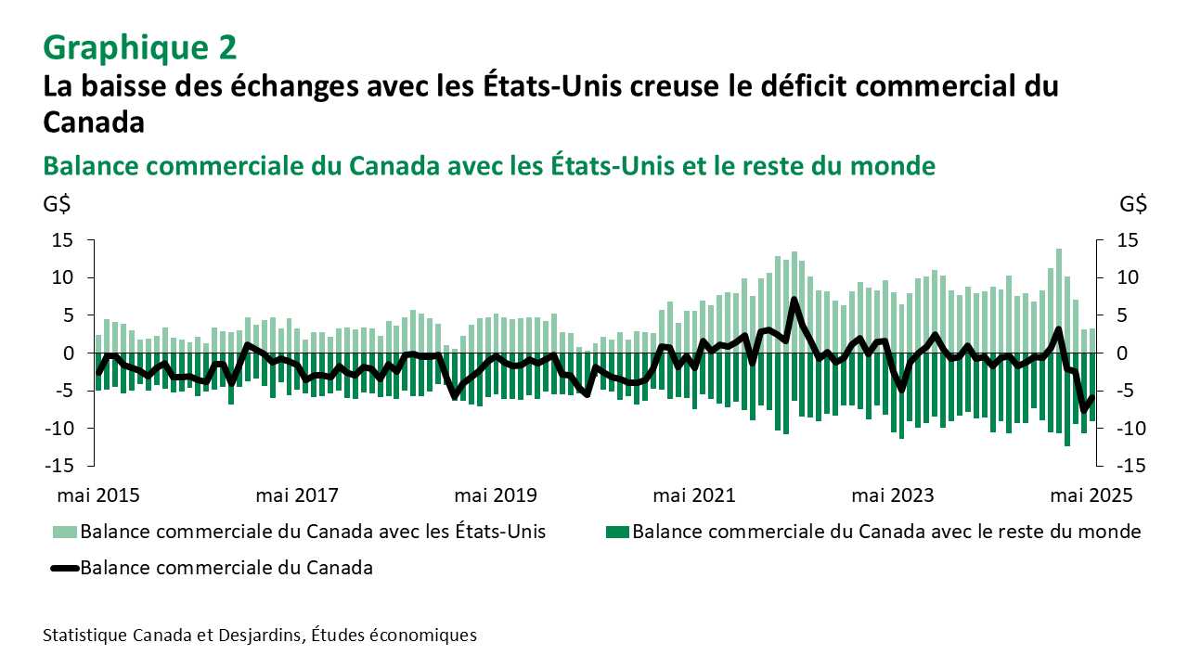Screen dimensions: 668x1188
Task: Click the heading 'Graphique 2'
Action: point(139,45)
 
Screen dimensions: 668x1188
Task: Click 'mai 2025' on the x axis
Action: point(1091,495)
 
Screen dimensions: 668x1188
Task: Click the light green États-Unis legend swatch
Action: point(64,533)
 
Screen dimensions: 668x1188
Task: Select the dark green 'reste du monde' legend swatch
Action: point(617,533)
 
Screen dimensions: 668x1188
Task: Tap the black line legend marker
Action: point(64,569)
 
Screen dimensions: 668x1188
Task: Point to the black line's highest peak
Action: point(794,300)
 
